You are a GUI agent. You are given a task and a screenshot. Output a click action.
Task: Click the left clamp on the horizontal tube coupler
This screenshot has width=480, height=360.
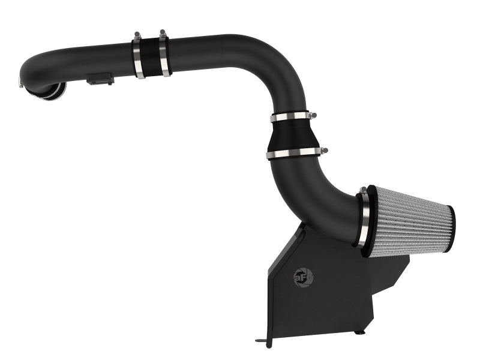[x=139, y=57]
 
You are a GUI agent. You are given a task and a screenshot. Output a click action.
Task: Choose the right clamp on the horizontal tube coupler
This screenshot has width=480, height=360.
[x=164, y=55]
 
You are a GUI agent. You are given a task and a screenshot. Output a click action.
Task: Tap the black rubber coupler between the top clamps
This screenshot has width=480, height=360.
[x=152, y=57]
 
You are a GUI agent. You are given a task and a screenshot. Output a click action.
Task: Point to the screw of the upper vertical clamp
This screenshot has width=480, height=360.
[x=311, y=113]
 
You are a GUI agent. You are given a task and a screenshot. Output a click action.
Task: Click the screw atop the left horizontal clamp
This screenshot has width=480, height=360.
[x=137, y=35]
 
